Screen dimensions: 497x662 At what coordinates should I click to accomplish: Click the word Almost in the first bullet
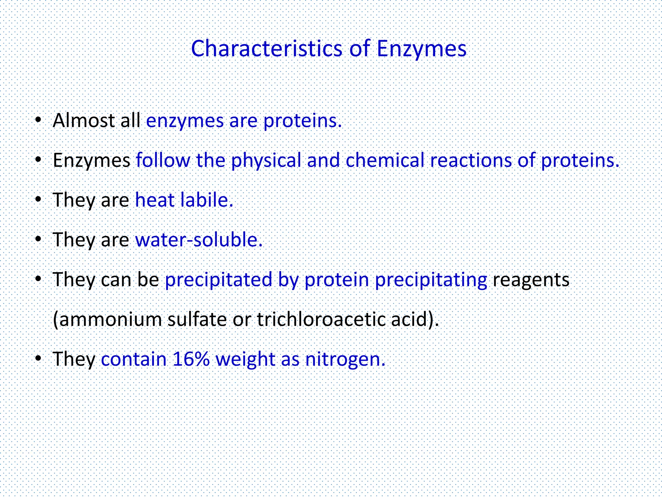click(84, 120)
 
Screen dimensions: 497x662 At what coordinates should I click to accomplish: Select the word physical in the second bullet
click(266, 160)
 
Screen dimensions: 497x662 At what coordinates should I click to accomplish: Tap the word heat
click(155, 200)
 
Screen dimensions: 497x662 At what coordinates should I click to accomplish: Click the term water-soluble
click(198, 240)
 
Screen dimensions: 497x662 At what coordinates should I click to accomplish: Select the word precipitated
click(219, 280)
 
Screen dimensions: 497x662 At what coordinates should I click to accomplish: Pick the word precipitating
click(431, 280)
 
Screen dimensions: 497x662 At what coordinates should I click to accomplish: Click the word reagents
click(531, 280)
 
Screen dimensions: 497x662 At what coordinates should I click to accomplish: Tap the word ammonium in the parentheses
click(110, 319)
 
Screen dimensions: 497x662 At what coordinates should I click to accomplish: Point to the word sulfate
click(197, 319)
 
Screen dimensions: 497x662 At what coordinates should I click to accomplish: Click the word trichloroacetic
click(321, 319)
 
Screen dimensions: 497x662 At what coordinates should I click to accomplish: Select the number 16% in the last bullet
click(191, 359)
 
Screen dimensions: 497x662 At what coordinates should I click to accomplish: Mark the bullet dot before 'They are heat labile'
click(38, 200)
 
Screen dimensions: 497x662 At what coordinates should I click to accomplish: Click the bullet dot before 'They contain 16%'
click(38, 359)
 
